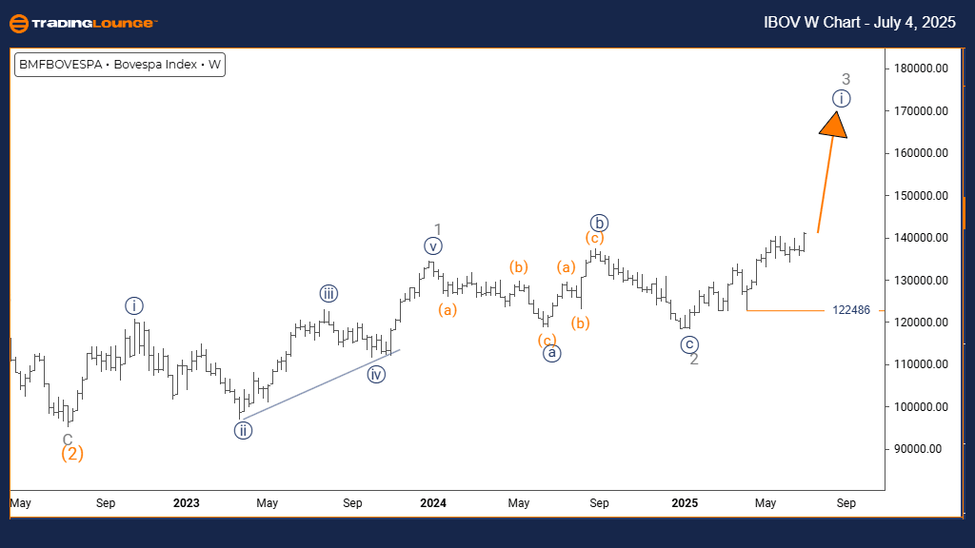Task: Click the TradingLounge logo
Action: (x=82, y=23)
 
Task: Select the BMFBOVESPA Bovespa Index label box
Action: (x=120, y=65)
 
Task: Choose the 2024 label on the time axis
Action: (x=433, y=502)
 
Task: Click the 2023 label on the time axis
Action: (x=187, y=502)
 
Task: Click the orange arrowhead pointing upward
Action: (x=834, y=125)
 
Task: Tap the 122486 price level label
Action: (x=851, y=310)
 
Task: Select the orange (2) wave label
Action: (x=72, y=454)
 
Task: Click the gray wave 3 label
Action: (x=846, y=79)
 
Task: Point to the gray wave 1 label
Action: (x=438, y=229)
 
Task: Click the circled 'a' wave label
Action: (x=550, y=353)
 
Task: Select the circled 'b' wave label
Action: (x=598, y=223)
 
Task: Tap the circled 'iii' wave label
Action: (x=328, y=294)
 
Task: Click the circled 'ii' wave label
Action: (x=243, y=430)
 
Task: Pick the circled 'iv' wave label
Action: (x=377, y=374)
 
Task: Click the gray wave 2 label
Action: (x=694, y=359)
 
